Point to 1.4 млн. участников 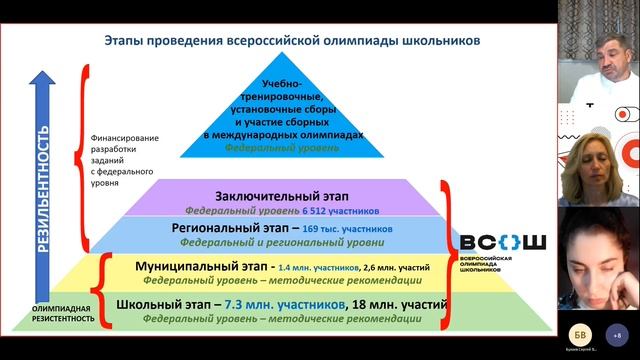click(321, 268)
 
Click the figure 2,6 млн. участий click(402, 268)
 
